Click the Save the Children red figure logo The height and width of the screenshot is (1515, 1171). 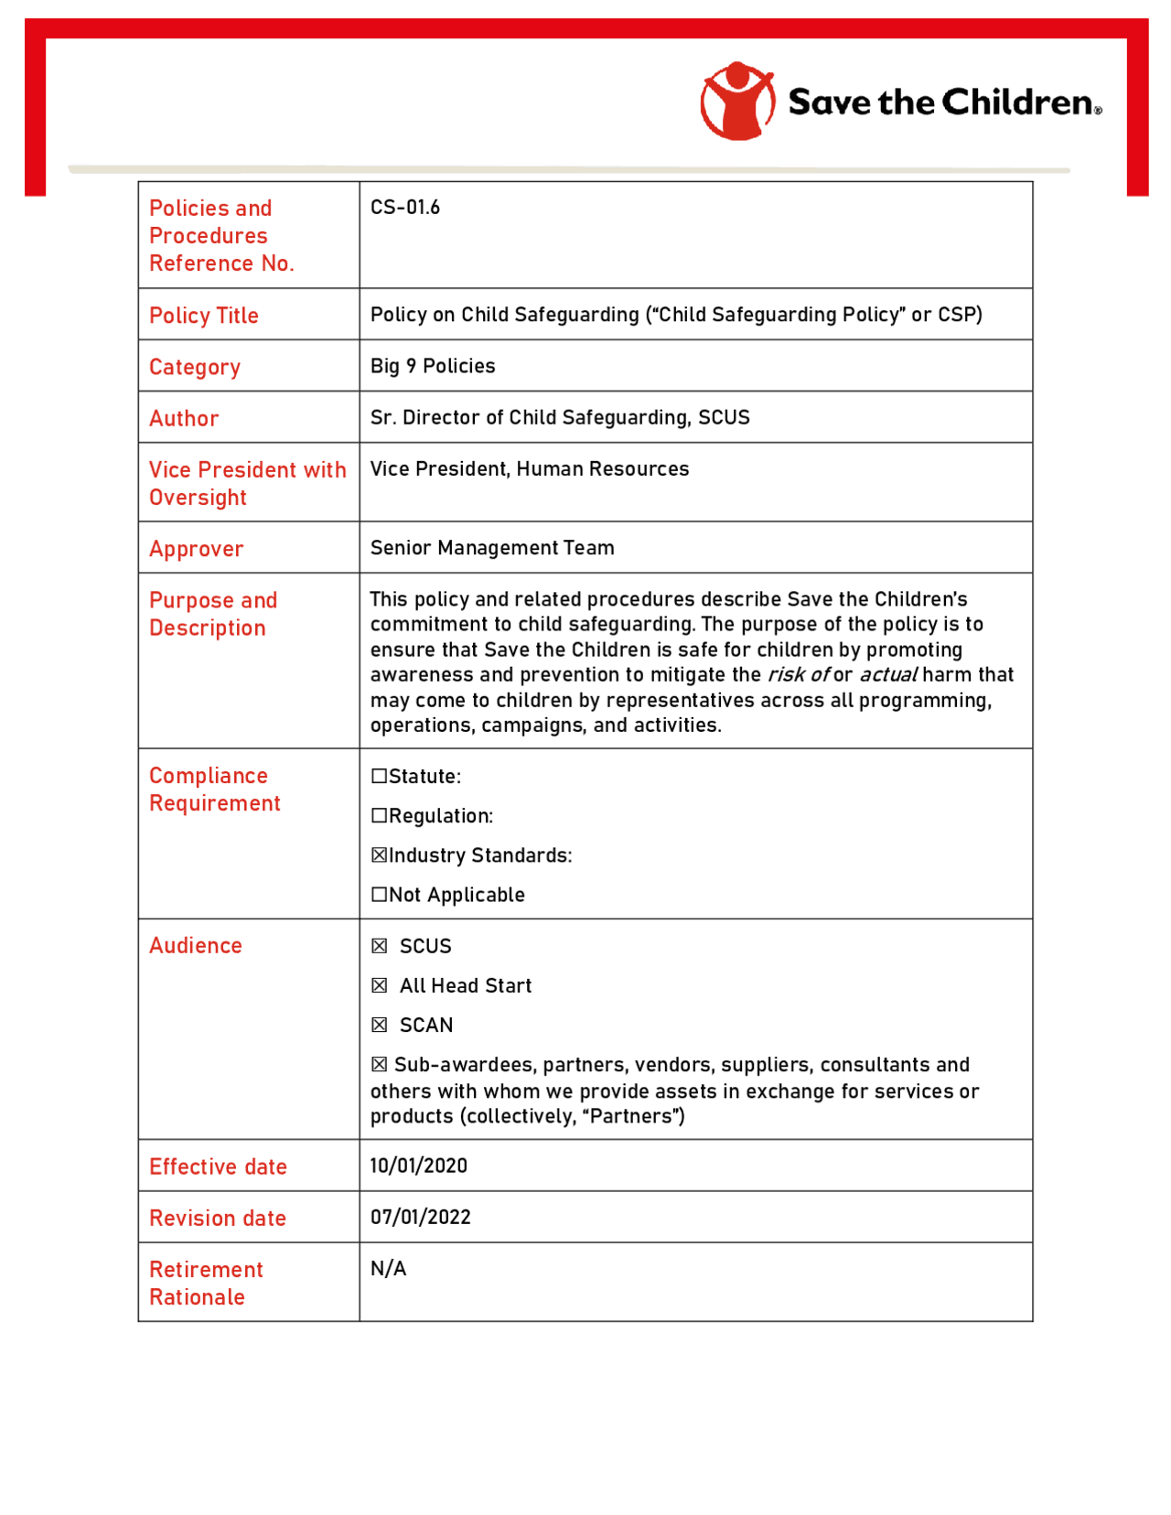tap(736, 101)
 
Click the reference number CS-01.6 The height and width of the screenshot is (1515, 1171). tap(404, 208)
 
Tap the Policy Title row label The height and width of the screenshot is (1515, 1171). tap(203, 316)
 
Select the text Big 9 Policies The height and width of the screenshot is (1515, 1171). tap(432, 366)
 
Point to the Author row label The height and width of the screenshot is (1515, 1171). tap(183, 418)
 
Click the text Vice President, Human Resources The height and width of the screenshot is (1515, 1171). tap(529, 469)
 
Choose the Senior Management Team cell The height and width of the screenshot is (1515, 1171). tap(491, 548)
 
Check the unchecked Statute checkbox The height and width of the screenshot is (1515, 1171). tap(379, 777)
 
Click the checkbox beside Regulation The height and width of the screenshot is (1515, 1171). tap(379, 816)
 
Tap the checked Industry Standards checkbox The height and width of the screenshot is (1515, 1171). tap(379, 855)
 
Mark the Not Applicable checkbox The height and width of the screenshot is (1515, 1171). tap(379, 895)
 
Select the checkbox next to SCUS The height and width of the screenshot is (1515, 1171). tap(379, 946)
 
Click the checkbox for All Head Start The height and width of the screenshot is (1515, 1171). tap(379, 985)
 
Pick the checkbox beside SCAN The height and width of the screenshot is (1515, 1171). tap(379, 1026)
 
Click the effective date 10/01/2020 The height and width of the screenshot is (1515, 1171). tap(418, 1166)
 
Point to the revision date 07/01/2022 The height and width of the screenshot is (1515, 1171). tap(420, 1218)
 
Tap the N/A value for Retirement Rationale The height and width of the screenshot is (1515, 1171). tap(388, 1269)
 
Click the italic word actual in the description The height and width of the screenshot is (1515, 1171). tap(887, 675)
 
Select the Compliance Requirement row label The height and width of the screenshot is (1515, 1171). tap(214, 790)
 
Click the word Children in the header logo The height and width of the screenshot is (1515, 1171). tap(1017, 102)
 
